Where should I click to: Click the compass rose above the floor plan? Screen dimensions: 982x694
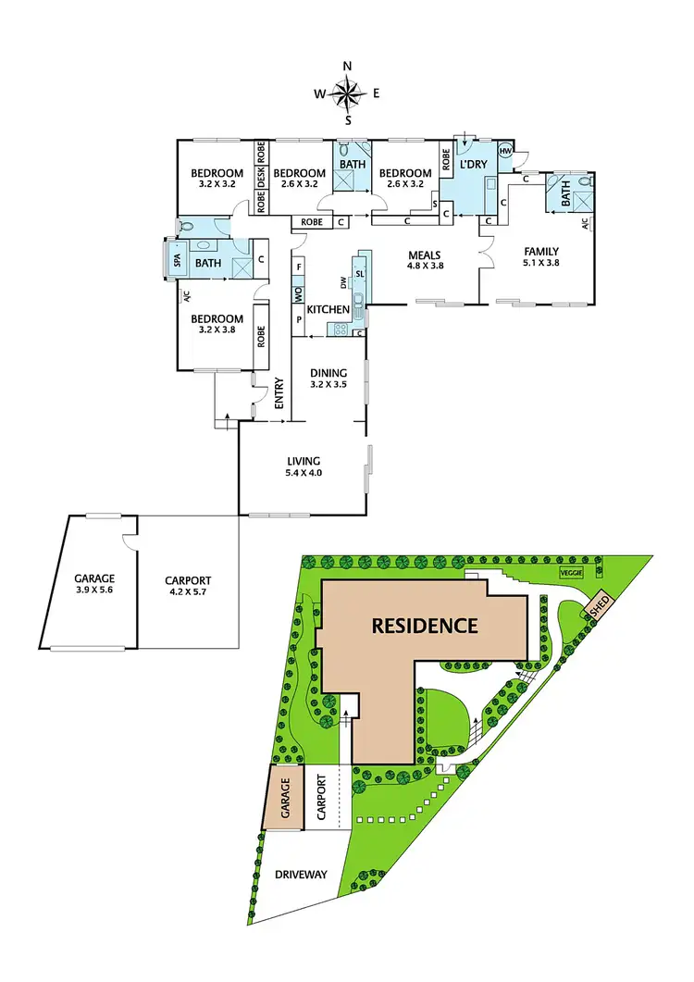click(348, 92)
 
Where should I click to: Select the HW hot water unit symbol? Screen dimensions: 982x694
click(506, 151)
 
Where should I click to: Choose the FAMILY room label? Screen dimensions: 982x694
click(541, 256)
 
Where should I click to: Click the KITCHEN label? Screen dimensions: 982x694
click(328, 309)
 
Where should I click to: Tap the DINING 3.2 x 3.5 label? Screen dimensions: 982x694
click(328, 378)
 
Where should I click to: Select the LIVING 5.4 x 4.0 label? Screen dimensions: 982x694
click(303, 466)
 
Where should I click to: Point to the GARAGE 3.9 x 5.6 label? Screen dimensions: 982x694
click(94, 585)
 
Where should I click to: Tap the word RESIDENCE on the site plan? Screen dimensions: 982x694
click(425, 626)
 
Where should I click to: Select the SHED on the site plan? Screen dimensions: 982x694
click(593, 607)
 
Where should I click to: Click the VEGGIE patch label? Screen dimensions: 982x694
click(571, 573)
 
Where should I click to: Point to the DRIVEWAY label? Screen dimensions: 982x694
click(302, 875)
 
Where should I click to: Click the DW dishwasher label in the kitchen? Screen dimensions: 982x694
click(343, 281)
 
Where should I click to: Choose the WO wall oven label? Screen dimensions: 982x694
click(298, 295)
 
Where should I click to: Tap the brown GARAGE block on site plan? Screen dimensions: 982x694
click(286, 796)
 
